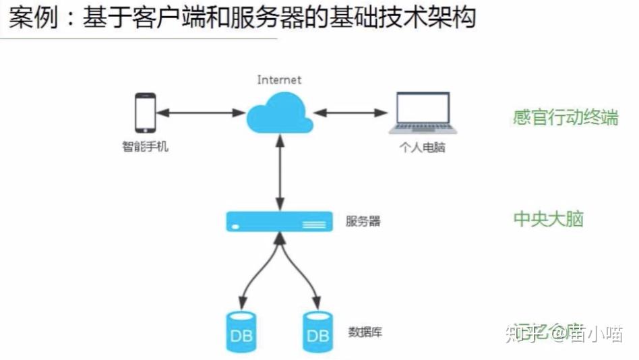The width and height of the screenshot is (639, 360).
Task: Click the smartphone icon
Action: [145, 113]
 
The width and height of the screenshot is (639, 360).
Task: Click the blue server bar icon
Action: [279, 221]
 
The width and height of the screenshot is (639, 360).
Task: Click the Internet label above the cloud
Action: [279, 80]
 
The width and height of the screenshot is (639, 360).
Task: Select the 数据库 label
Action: [365, 332]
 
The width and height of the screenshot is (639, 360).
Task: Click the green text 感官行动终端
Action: [565, 117]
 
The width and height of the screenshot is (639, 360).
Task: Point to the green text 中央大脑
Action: [548, 219]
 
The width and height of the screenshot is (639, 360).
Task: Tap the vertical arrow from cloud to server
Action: [280, 172]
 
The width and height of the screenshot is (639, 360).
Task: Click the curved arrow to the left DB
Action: [253, 276]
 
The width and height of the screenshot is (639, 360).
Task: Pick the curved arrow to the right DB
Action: [305, 276]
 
